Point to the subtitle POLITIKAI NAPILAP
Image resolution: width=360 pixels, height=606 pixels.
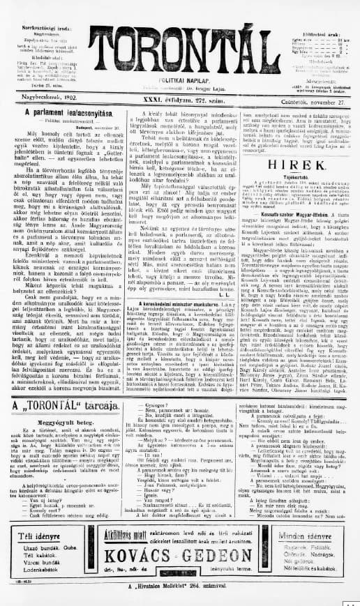(180, 82)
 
